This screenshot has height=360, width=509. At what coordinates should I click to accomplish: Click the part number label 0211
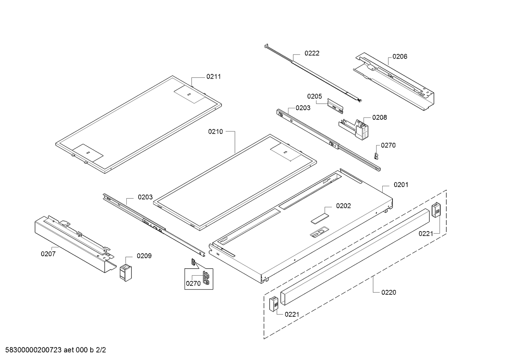coord(213,76)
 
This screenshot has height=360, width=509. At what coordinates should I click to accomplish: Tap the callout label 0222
coord(312,53)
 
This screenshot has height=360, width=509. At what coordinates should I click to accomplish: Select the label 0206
coord(399,56)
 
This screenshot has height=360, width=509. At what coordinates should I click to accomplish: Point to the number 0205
coord(315,96)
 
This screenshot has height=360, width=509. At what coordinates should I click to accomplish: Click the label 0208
coord(379,117)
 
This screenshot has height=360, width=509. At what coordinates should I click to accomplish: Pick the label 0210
coord(216,131)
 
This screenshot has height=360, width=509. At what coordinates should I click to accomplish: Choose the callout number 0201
coord(401,185)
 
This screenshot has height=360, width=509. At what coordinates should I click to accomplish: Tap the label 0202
coord(343,206)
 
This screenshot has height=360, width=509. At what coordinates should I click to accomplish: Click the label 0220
coord(389,292)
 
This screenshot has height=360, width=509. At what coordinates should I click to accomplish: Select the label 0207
coord(48,254)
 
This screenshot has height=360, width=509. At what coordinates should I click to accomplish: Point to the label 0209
coord(144,256)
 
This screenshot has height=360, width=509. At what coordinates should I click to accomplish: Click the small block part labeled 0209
coord(125,272)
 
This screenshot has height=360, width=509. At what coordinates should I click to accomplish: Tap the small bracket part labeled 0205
coord(335,106)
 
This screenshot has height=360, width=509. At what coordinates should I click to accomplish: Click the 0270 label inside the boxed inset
coord(193,283)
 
